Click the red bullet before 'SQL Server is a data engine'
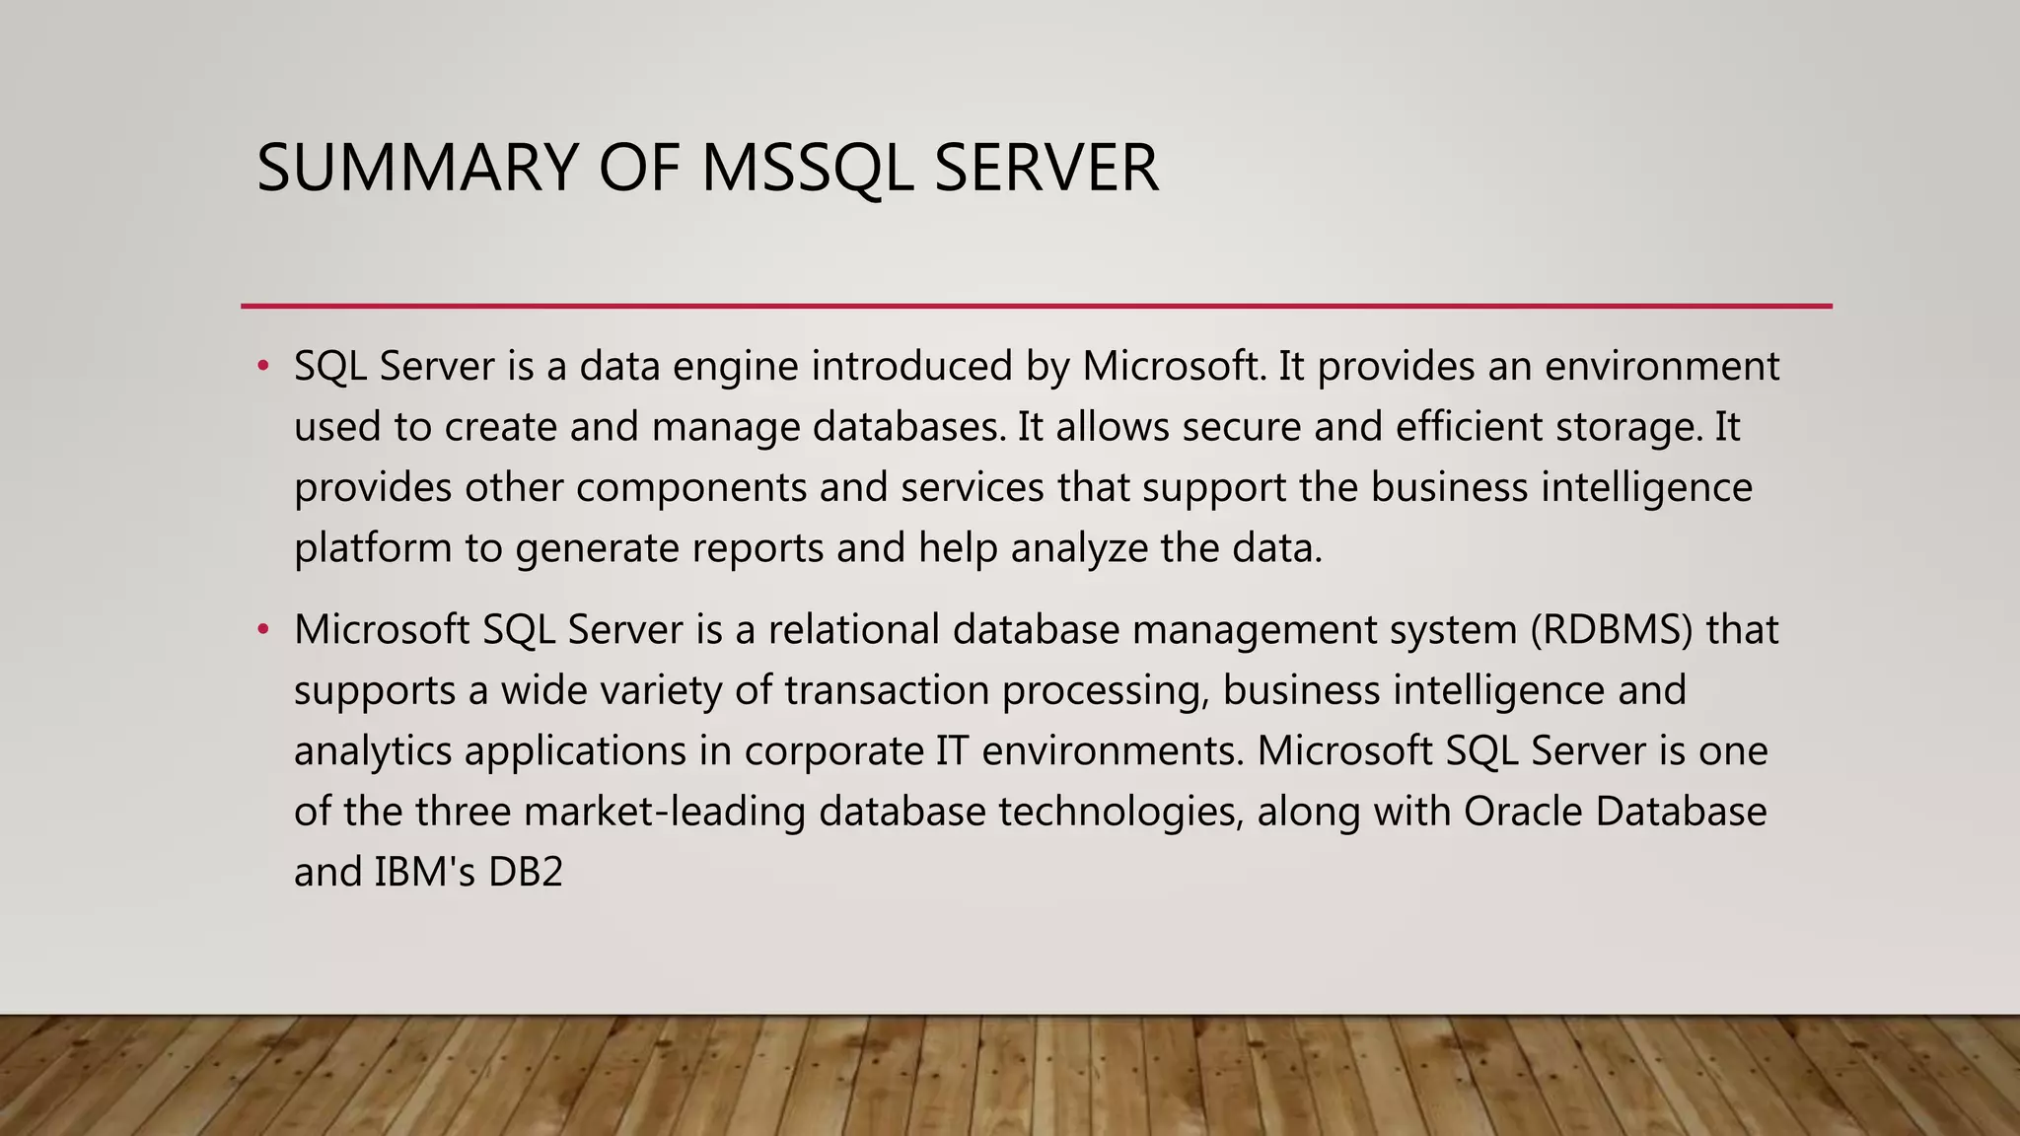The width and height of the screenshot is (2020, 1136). tap(262, 367)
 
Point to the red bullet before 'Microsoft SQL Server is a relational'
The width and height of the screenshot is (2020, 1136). tap(262, 629)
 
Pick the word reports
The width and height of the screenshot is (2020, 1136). tap(757, 548)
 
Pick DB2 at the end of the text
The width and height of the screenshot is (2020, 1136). tap(525, 873)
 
